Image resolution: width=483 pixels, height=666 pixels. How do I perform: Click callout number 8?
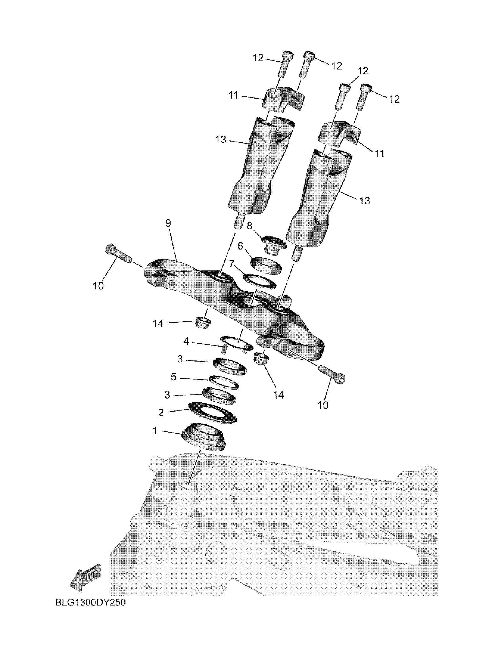tap(249, 226)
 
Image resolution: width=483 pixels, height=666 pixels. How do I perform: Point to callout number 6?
tap(240, 246)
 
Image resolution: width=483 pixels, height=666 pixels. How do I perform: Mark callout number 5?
tap(174, 377)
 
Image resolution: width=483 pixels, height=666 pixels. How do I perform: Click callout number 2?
tap(161, 412)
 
